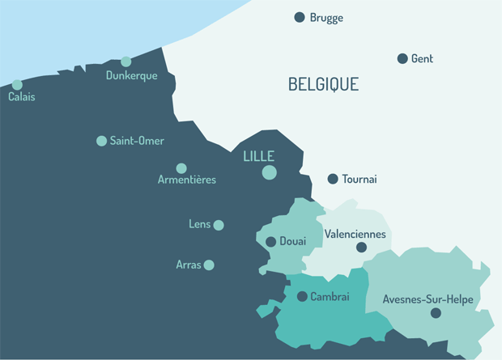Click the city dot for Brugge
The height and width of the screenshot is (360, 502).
click(x=300, y=17)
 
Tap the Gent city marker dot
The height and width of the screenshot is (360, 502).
click(x=402, y=58)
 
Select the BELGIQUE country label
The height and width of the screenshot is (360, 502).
click(x=323, y=84)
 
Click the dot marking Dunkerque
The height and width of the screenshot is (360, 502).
click(x=126, y=61)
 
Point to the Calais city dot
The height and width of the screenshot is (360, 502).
click(x=17, y=84)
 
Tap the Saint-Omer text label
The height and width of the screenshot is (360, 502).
click(x=137, y=141)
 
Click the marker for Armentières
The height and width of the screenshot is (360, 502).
click(x=181, y=168)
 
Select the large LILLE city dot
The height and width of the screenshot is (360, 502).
click(x=270, y=172)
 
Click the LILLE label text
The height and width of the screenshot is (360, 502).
click(x=259, y=156)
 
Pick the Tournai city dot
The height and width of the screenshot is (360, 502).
click(x=333, y=179)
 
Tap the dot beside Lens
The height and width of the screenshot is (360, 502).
click(x=219, y=225)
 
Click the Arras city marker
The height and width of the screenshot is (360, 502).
click(x=209, y=265)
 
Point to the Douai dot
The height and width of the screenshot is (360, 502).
click(x=270, y=241)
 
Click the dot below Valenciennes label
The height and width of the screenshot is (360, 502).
click(x=361, y=248)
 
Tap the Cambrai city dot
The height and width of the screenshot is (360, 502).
click(x=302, y=297)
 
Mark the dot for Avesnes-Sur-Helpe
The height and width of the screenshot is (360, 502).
click(x=436, y=313)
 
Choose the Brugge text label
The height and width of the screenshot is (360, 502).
click(x=326, y=17)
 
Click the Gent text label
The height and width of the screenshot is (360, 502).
click(x=422, y=58)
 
